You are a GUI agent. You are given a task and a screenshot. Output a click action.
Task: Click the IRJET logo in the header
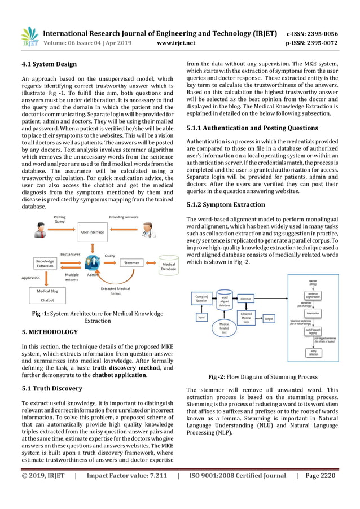pos(29,37)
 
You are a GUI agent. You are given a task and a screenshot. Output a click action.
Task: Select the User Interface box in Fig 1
pos(93,232)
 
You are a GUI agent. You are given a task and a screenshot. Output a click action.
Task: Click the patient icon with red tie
pos(41,231)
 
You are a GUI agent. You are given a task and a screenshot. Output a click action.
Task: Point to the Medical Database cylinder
pos(168,266)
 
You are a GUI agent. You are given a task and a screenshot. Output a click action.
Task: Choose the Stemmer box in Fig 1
pos(131,262)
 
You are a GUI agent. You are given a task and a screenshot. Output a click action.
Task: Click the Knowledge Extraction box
pos(45,264)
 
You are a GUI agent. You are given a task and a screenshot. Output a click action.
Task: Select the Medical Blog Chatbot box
pos(47,295)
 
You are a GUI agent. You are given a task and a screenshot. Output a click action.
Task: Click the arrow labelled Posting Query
pos(62,231)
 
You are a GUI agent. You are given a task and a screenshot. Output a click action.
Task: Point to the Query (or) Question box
pos(201,299)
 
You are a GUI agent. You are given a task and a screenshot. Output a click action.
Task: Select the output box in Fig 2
pos(269,318)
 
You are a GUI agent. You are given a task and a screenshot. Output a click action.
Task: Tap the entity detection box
pos(311,352)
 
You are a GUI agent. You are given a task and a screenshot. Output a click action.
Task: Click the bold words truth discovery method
pos(130,368)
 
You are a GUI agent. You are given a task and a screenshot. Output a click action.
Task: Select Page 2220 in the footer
pos(319,476)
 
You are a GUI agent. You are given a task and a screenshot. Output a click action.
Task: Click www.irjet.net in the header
pos(176,42)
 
